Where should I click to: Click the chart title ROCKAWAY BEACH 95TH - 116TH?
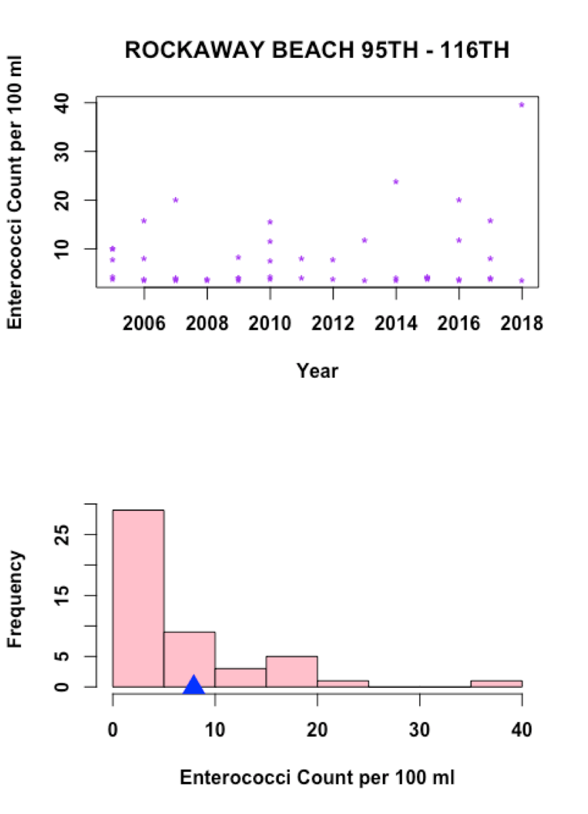[316, 51]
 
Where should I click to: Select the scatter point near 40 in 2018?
[522, 104]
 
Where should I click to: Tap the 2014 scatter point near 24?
[396, 181]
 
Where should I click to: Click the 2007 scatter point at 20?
[176, 200]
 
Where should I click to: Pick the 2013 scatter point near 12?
[364, 240]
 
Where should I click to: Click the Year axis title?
[317, 371]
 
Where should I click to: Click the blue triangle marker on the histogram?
[193, 685]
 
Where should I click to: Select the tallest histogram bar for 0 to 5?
[138, 598]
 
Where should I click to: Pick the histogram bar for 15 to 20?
[291, 671]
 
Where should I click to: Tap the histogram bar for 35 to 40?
[496, 684]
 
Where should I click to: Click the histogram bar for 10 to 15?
[240, 678]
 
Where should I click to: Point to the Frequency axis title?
[16, 599]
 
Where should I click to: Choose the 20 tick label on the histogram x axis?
[317, 731]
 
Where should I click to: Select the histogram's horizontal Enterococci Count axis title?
[317, 779]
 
